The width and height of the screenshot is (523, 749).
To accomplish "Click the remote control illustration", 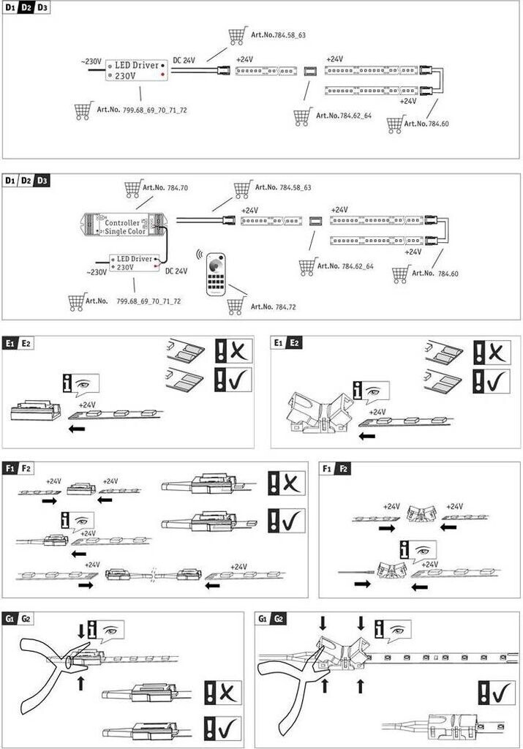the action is coord(216,275).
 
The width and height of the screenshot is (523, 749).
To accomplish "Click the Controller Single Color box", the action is coord(122,225).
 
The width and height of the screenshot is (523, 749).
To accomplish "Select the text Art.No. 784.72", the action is coord(273,306).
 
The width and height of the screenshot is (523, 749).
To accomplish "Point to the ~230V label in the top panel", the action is coord(91,61).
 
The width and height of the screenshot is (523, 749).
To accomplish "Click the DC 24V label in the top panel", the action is coord(184,60).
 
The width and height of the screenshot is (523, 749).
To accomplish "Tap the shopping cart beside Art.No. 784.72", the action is coord(236,306).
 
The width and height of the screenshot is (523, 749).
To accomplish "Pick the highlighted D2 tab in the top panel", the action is coord(26,8).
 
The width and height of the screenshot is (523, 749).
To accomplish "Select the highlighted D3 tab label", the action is coord(42,181).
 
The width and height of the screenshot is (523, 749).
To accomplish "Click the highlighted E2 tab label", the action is coord(294,343).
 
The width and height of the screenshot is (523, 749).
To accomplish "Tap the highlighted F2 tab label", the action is coord(342,469).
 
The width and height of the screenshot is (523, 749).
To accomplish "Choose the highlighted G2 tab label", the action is coord(279,619).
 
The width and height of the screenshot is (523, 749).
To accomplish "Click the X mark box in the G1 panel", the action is coord(223,693).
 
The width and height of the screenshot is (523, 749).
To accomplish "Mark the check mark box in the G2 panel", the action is coord(497,693).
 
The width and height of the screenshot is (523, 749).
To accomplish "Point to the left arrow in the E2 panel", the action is coord(366,436).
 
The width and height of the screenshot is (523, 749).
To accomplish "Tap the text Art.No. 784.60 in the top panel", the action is coord(426,124).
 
